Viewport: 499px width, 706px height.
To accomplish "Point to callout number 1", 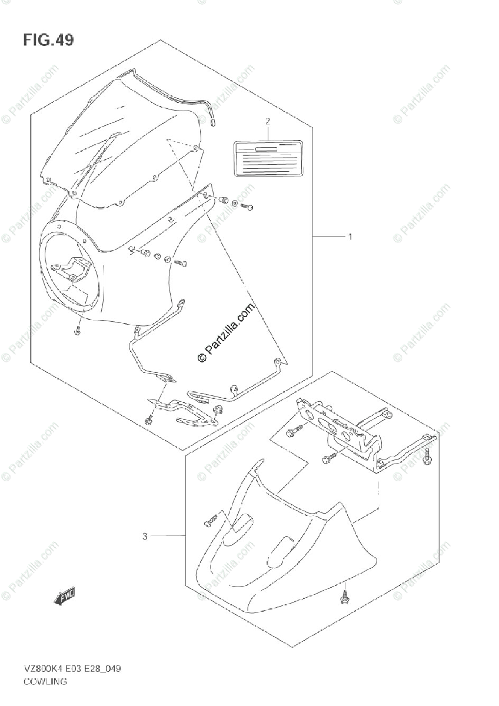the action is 350,237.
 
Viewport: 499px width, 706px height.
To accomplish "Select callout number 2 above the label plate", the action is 267,122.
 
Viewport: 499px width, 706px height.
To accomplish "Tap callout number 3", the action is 145,536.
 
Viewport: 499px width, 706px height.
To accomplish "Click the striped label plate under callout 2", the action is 267,157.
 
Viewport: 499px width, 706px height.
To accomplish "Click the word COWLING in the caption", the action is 45,682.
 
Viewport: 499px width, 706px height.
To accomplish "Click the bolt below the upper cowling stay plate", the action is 149,419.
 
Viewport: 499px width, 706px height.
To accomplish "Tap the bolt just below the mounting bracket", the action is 330,457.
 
